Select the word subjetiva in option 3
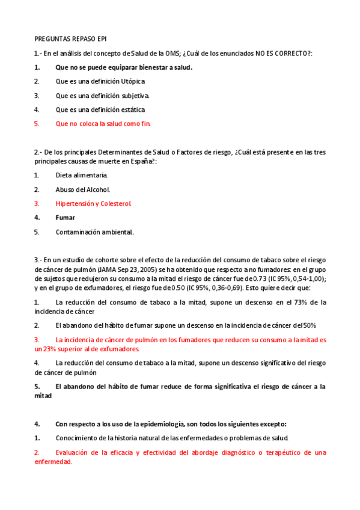(x=136, y=96)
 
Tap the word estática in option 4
(x=133, y=109)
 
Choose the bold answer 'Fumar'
(x=65, y=218)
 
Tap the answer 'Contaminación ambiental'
(x=94, y=232)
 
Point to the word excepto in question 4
(x=273, y=423)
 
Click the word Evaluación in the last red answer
(x=75, y=452)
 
